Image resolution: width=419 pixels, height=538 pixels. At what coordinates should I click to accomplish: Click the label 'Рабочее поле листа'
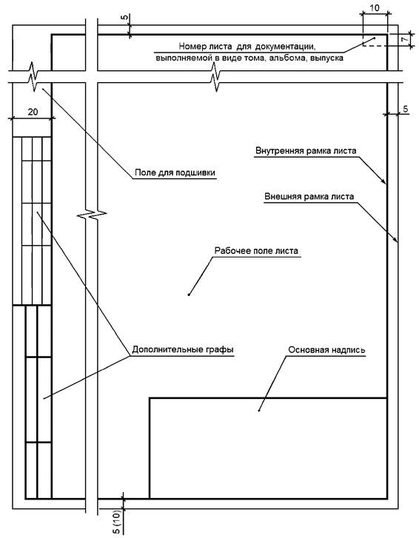256,251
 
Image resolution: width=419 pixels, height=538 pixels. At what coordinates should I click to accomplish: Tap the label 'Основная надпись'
326,350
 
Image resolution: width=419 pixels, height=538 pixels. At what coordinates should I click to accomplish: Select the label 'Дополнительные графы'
183,349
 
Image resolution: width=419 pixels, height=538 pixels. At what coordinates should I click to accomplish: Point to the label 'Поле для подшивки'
175,172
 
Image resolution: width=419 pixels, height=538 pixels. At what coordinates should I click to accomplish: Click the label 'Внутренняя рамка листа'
306,151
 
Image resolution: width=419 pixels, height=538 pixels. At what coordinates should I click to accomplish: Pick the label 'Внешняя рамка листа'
309,197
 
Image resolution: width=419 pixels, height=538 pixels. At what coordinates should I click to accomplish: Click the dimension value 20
33,112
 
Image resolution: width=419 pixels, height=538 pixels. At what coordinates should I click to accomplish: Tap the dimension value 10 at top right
375,7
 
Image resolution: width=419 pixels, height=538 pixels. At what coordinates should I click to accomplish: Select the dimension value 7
405,39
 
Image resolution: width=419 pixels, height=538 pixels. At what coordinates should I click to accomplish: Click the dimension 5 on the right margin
405,109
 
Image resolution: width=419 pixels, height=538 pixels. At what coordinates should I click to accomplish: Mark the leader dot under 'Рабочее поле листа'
189,295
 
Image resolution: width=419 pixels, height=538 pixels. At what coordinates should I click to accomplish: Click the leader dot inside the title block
259,411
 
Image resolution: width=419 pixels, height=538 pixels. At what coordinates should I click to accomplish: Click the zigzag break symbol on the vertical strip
92,215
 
